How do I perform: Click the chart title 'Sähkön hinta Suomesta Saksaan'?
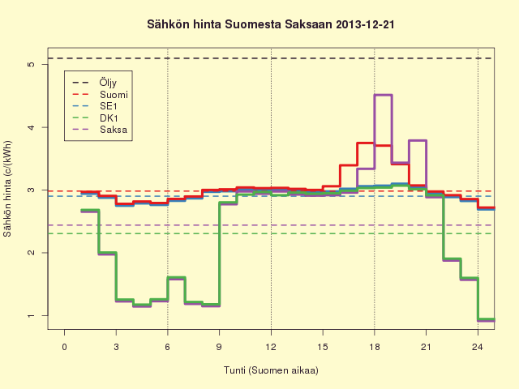(x=240, y=25)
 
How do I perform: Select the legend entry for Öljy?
(x=95, y=83)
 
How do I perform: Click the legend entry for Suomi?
(x=100, y=95)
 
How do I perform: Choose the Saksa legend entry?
(x=100, y=130)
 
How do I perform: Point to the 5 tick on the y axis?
(x=32, y=64)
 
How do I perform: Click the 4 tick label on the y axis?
(x=32, y=127)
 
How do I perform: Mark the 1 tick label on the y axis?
(x=32, y=315)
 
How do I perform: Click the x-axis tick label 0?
(x=65, y=347)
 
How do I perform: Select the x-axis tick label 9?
(x=219, y=347)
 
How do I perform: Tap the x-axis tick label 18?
(x=375, y=347)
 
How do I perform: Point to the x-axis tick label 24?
(x=478, y=347)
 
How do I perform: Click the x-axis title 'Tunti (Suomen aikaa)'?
(x=271, y=370)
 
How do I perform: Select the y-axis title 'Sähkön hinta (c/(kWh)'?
(x=7, y=189)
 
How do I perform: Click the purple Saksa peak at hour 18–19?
(x=384, y=95)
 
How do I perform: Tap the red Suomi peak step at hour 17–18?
(x=366, y=143)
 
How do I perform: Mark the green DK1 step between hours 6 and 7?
(x=177, y=277)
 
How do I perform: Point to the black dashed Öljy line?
(x=271, y=58)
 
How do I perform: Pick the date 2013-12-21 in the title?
(x=365, y=25)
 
